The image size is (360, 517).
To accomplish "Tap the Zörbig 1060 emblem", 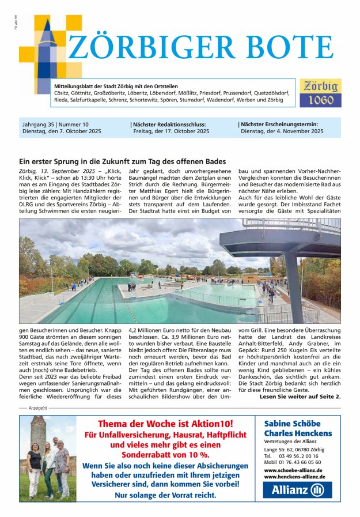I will pos(320,93).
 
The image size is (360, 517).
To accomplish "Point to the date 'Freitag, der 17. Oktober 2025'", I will pos(170,131).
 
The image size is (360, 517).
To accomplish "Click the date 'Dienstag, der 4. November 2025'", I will pos(282,131).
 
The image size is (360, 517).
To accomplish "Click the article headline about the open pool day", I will pos(122,162).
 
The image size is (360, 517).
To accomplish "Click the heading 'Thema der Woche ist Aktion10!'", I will pos(166,424).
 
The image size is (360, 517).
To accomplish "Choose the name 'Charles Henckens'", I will pos(298,433).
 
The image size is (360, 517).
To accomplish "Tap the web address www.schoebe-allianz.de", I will pos(293,470).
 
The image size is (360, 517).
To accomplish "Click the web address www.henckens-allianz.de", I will pos(295,477).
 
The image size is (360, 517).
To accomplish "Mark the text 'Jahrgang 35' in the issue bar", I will pos(37,124).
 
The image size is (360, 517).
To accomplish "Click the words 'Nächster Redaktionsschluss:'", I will pos(169,124).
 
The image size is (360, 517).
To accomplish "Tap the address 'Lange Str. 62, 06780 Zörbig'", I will pos(294,449).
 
